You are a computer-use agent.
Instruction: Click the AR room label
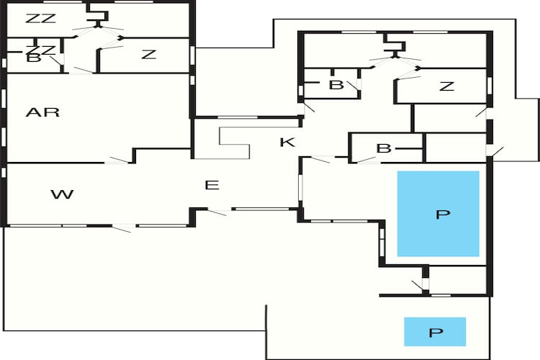coord(42,112)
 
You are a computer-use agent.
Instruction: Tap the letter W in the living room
coord(63,194)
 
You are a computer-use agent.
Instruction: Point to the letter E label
coord(212,185)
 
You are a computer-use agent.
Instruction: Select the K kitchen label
coord(287,142)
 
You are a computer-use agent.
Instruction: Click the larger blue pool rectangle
coord(438,214)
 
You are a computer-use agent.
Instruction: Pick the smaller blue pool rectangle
coord(435,331)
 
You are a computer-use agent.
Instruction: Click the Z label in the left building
coord(149,55)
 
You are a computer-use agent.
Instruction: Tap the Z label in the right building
coord(446,86)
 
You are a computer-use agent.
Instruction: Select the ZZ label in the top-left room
coord(40,19)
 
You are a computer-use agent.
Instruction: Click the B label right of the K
coord(384,148)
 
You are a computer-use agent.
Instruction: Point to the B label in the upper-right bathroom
coord(336,85)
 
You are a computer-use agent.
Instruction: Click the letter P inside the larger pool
coord(443,215)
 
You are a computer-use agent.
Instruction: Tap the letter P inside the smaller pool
coord(436,333)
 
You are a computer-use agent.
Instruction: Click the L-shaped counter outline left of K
coord(235,143)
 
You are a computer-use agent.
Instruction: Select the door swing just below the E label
coord(217,212)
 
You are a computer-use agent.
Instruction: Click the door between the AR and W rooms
coord(117,160)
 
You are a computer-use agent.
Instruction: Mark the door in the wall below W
coord(123,228)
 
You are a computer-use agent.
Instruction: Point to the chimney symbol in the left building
coord(98,16)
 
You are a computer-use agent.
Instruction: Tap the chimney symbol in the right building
coord(395,47)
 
